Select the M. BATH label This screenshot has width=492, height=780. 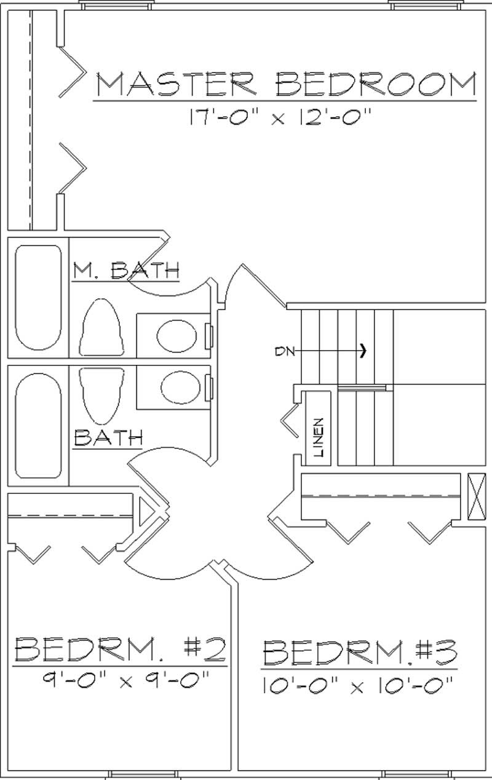[126, 270]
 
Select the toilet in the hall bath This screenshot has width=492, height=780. [102, 394]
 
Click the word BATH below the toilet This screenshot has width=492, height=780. [108, 438]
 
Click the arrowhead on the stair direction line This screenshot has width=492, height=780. [364, 351]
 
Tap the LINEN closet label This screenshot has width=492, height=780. [319, 437]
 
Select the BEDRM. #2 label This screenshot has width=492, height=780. [121, 648]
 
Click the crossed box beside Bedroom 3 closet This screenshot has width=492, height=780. [476, 497]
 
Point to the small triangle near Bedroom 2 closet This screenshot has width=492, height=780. [146, 512]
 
